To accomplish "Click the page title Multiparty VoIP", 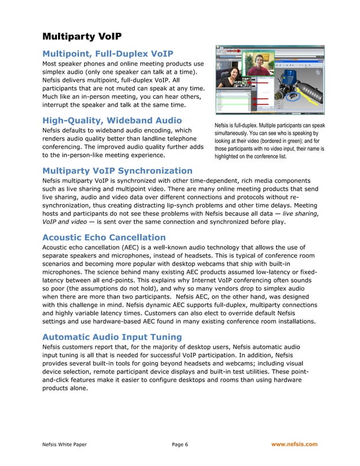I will click(82, 37).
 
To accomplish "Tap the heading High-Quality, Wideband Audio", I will click(112, 120).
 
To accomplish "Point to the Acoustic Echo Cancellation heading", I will click(104, 238).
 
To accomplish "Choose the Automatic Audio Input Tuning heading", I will click(112, 337).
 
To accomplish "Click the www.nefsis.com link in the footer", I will click(294, 444).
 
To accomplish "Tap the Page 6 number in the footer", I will click(179, 444).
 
